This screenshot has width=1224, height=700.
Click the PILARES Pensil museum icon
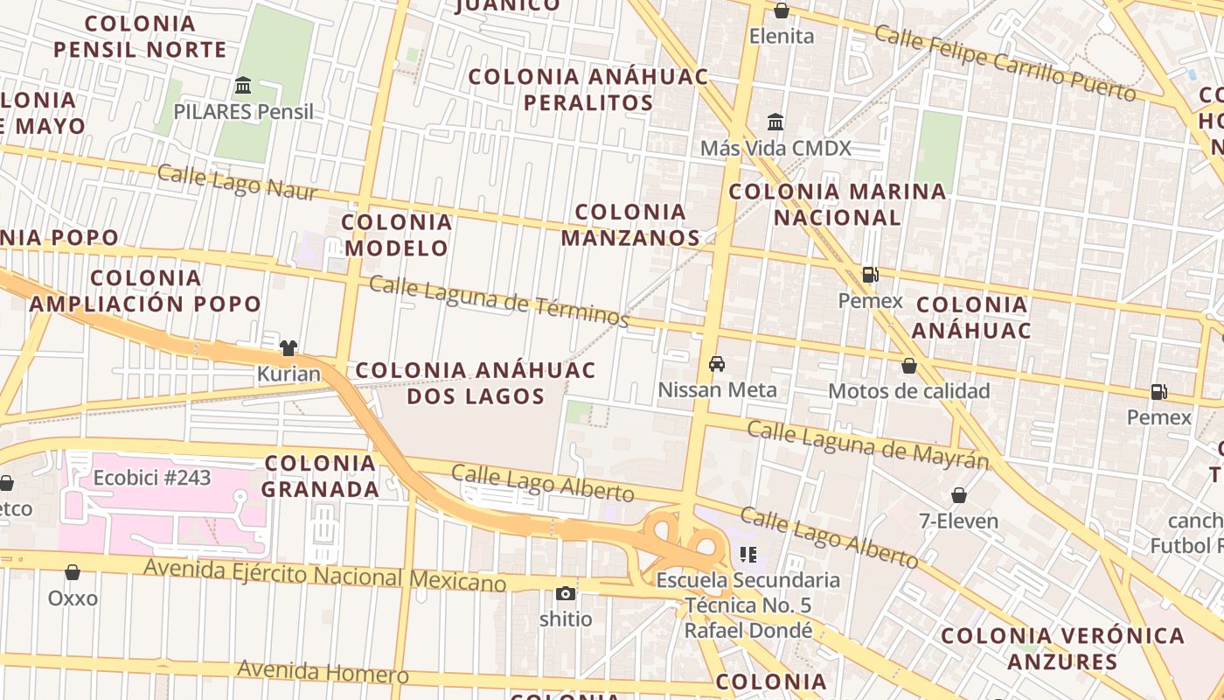(x=243, y=86)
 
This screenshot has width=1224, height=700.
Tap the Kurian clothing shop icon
(x=289, y=348)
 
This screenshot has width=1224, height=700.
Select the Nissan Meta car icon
(x=717, y=364)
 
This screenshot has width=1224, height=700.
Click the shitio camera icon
(x=566, y=593)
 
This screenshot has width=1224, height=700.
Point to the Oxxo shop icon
(x=73, y=572)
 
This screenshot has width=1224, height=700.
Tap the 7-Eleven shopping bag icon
(x=959, y=495)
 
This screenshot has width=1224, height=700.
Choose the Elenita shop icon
(x=782, y=10)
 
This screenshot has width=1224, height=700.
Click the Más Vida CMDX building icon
(x=775, y=122)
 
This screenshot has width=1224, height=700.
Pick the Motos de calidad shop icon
(x=909, y=365)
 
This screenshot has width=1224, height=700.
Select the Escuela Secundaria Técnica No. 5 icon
(x=748, y=554)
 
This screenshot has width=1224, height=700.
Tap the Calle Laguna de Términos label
(x=498, y=301)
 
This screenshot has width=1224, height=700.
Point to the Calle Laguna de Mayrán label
(x=867, y=444)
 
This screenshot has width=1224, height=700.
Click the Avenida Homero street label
(x=323, y=672)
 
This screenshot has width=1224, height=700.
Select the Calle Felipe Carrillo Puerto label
(x=1005, y=62)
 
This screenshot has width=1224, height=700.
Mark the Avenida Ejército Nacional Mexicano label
(x=324, y=575)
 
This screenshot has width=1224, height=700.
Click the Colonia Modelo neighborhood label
(x=397, y=234)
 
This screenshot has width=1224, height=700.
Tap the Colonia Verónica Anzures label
(x=1062, y=648)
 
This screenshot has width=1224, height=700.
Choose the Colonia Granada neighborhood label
(x=320, y=476)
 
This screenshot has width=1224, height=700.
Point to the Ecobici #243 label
(x=152, y=478)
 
